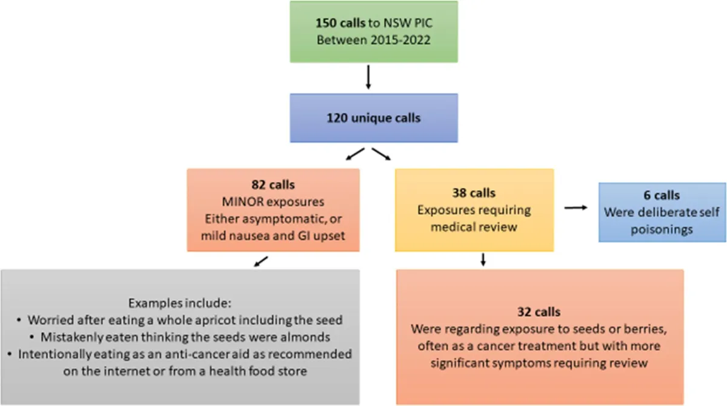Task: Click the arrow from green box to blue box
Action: coord(368,78)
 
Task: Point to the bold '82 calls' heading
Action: coord(273,183)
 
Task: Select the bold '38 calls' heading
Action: coord(474,193)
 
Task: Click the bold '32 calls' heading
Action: coord(540,312)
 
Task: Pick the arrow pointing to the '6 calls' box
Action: coord(577,208)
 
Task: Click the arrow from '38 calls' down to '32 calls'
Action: coord(483,260)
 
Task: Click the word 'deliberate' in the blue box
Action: coord(656,214)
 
